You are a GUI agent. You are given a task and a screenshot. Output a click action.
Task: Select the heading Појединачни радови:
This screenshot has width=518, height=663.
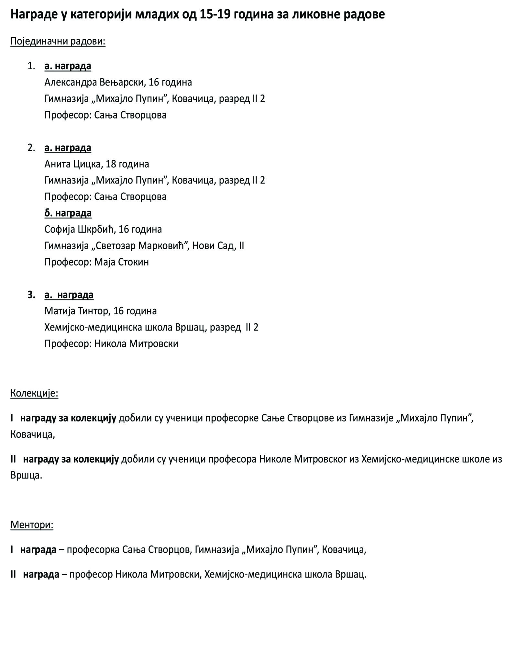(x=58, y=41)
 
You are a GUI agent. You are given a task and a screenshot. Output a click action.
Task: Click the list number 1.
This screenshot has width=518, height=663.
(x=31, y=66)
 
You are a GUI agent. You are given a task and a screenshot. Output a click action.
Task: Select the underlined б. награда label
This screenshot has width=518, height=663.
(x=68, y=213)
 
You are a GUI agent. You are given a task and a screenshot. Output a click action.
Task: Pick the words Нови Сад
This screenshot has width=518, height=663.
(x=213, y=246)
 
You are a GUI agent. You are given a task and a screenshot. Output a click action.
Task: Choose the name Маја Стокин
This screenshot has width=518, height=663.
(x=122, y=262)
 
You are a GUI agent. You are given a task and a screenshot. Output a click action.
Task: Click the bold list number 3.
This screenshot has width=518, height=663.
(x=31, y=295)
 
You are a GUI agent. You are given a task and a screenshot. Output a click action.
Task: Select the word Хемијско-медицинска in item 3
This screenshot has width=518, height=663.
(x=93, y=327)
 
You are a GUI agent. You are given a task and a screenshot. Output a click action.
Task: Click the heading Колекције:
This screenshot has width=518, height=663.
(x=34, y=393)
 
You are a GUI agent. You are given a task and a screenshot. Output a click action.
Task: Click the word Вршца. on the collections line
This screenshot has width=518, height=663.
(x=26, y=475)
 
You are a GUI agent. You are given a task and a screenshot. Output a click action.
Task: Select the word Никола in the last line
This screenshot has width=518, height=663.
(x=131, y=574)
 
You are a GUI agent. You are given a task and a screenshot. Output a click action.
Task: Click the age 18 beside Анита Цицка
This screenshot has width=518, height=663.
(x=111, y=164)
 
